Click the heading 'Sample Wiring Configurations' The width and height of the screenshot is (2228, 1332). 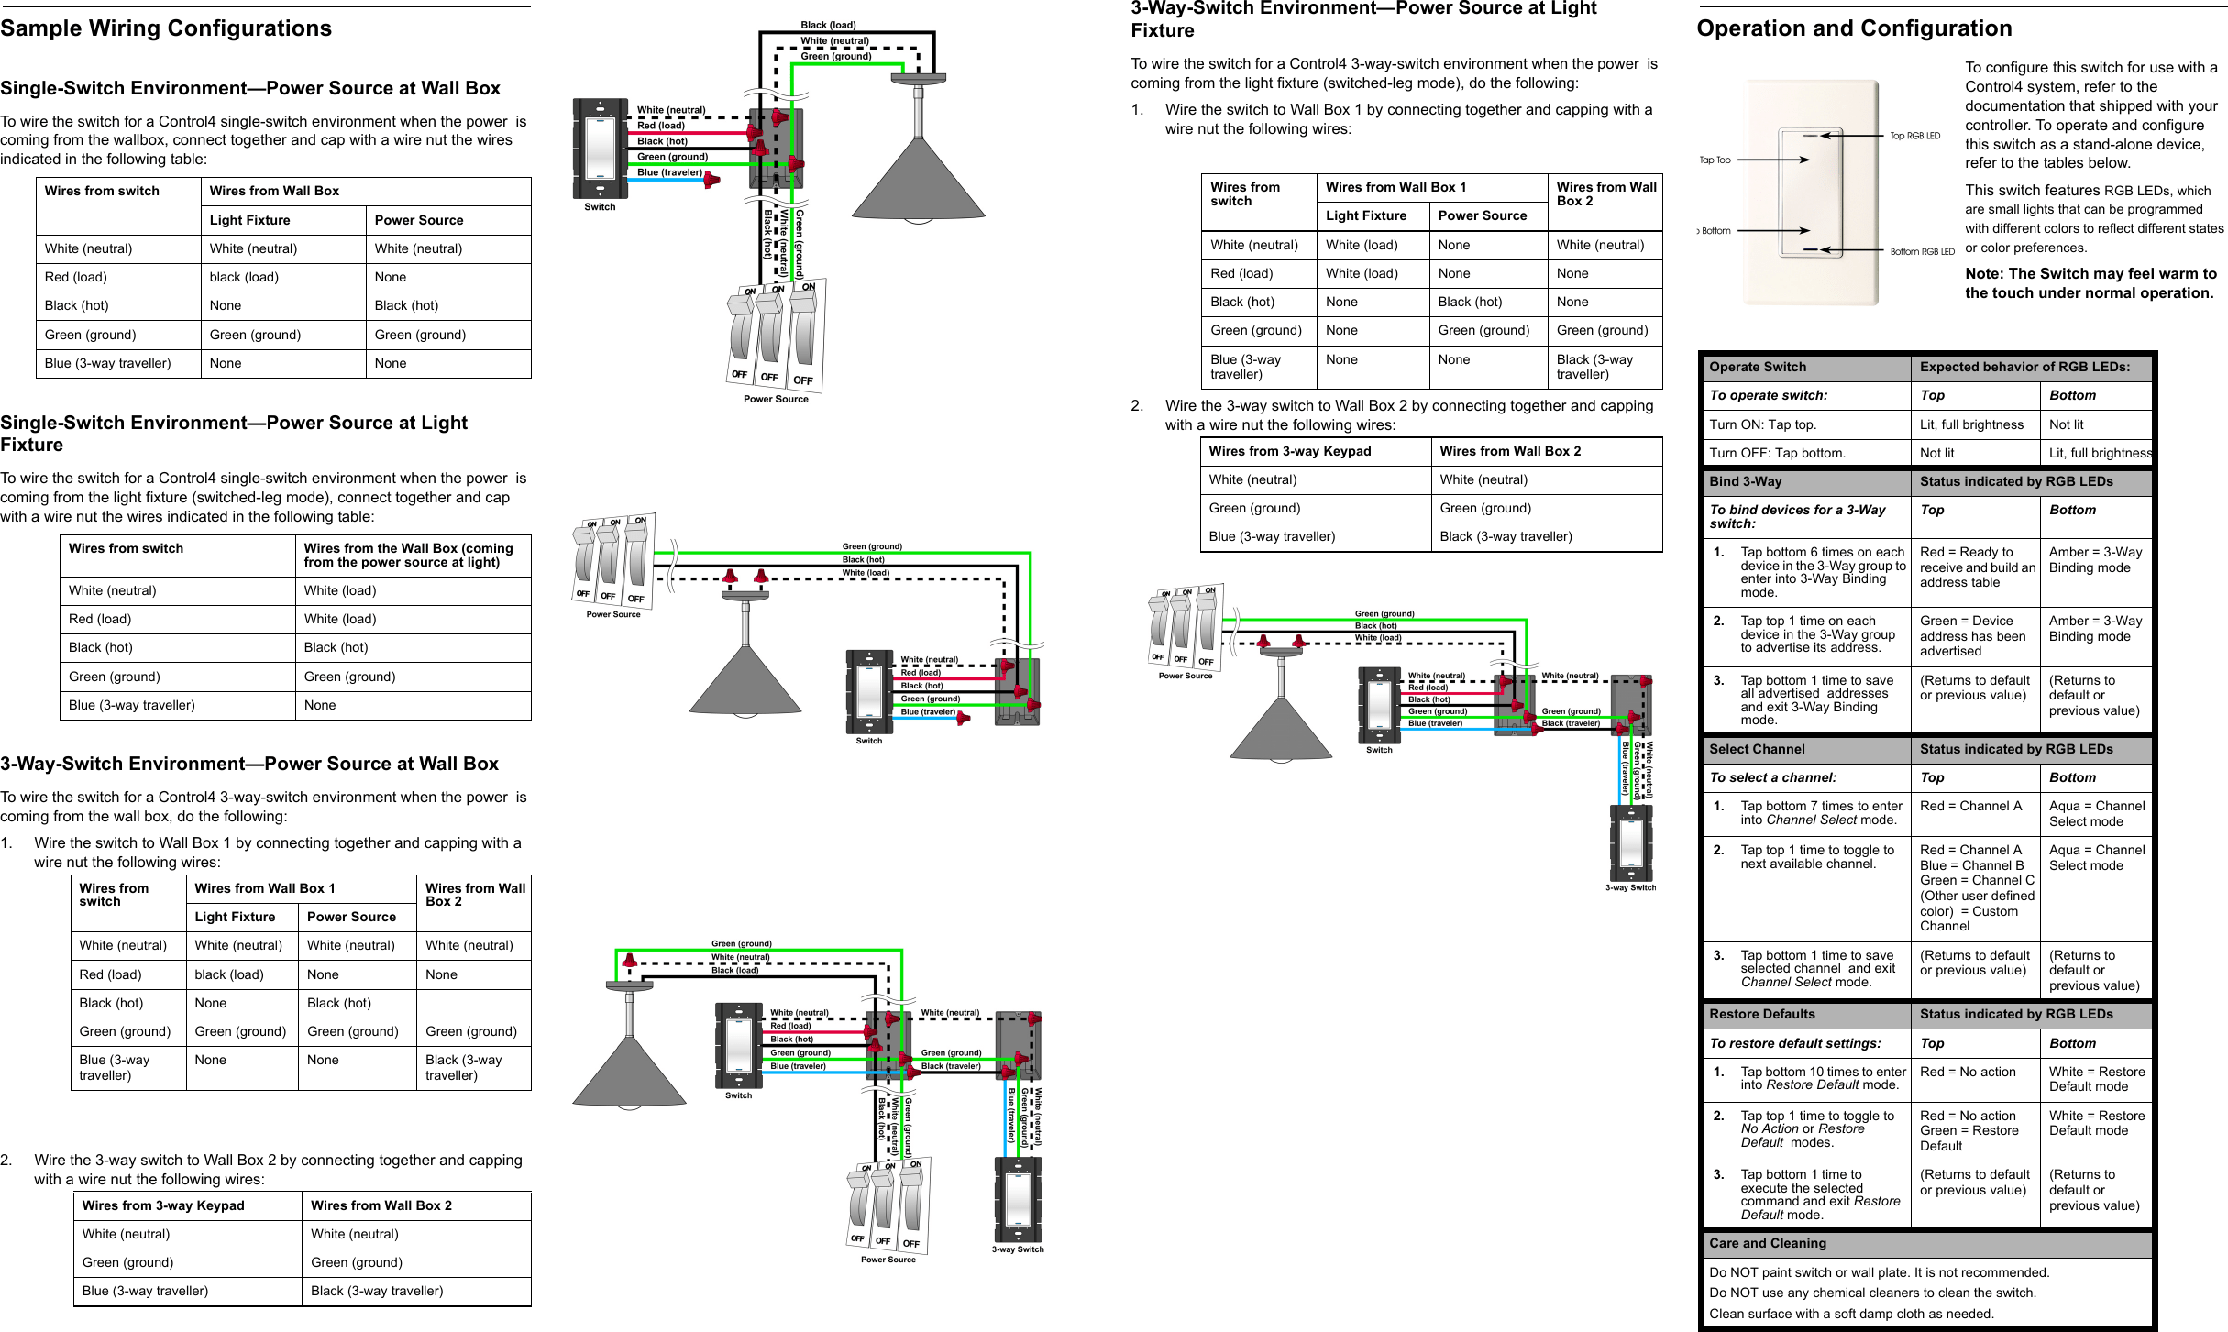[166, 28]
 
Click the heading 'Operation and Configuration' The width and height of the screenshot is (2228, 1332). [1854, 28]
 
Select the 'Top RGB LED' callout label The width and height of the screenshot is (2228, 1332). [1914, 136]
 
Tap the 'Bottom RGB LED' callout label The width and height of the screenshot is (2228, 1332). [1922, 251]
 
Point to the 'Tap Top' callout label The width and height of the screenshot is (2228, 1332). [1715, 160]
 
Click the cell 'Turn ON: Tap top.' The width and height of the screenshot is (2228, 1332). [1762, 424]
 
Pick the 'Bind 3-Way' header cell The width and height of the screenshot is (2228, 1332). [1745, 481]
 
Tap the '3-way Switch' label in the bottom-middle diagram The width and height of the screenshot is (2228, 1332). [1018, 1249]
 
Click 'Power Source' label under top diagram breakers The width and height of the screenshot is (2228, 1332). [776, 399]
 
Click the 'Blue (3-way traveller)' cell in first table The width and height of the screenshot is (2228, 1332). [107, 363]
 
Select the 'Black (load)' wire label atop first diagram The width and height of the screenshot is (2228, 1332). [828, 25]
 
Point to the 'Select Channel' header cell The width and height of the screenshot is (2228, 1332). [1757, 749]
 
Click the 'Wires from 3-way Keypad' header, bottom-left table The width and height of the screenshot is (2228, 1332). [162, 1205]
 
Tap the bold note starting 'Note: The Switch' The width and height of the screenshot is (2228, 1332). [2090, 283]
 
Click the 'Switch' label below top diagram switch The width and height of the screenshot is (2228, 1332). [600, 207]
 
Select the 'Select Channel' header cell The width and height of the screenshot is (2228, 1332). [1757, 749]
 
